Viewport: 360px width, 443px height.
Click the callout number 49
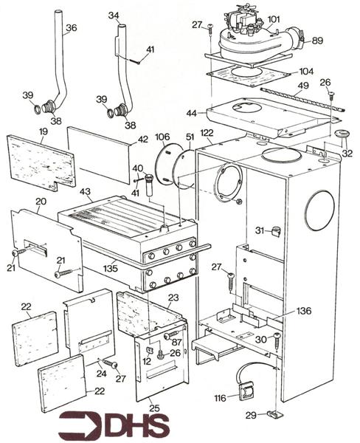(x=302, y=86)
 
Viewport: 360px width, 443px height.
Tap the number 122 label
(x=207, y=132)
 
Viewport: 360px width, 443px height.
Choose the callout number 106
(x=162, y=137)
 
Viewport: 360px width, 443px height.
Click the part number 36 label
(x=71, y=29)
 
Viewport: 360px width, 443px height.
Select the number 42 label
(x=142, y=138)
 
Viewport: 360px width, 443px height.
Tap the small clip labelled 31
(x=276, y=233)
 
